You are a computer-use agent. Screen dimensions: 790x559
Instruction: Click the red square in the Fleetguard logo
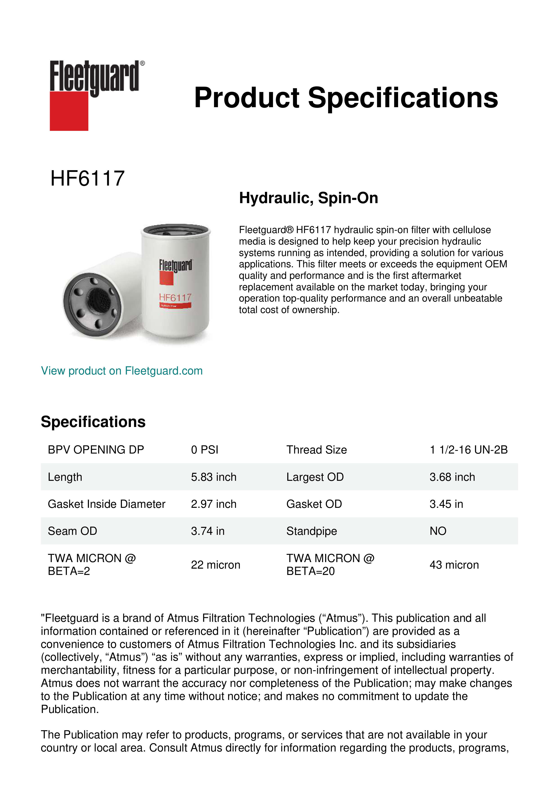point(69,111)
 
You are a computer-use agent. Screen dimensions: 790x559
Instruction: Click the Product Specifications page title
point(346,98)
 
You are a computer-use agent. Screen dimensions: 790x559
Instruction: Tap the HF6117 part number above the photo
point(87,179)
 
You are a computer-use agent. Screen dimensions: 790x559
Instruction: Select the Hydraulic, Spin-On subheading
point(308,198)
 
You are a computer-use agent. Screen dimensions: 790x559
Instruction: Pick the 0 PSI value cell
point(204,450)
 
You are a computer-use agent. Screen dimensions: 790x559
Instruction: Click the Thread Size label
point(316,450)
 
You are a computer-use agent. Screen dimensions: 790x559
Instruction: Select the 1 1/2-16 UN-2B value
point(468,450)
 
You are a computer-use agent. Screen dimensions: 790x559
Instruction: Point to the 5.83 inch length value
point(213,477)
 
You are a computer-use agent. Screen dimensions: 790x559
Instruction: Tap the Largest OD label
point(315,477)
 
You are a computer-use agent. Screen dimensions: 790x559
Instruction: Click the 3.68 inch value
point(452,477)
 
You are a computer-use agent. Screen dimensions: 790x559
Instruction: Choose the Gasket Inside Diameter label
point(106,504)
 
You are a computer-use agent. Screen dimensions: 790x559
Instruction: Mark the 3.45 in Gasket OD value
point(446,504)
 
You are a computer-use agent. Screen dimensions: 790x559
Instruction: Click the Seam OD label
point(72,531)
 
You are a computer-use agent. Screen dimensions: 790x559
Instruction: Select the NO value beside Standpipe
point(438,531)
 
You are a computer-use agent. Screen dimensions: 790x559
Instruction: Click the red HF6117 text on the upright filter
point(175,297)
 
